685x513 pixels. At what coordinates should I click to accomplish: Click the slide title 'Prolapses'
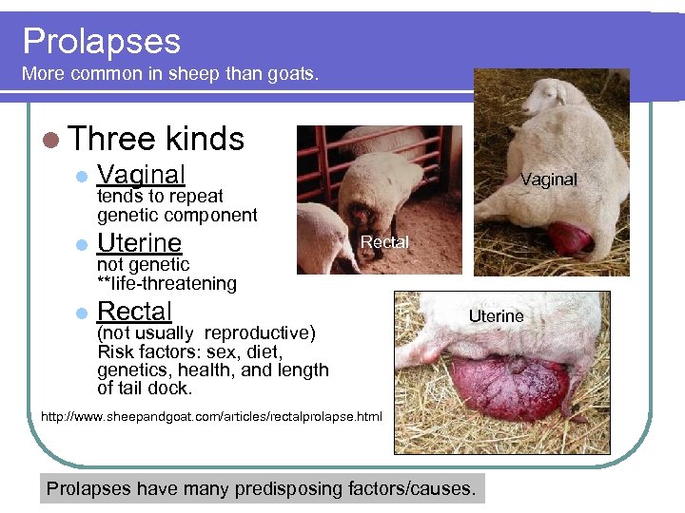102,41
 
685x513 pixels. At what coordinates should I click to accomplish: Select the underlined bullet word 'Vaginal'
141,175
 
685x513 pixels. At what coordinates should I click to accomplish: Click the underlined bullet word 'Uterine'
139,243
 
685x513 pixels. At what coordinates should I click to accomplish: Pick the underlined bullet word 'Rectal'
134,312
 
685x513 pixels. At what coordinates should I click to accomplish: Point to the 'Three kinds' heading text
157,139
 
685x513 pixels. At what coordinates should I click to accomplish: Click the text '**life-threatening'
166,283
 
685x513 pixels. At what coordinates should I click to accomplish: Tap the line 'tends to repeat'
160,197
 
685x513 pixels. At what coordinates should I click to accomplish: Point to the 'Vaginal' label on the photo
548,179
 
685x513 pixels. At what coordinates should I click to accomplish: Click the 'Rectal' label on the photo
384,242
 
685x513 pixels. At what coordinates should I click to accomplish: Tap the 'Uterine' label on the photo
496,315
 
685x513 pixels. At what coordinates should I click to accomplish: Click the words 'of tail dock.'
145,388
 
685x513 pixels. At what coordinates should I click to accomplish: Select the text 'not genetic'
143,265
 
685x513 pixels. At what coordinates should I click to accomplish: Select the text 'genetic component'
177,215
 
